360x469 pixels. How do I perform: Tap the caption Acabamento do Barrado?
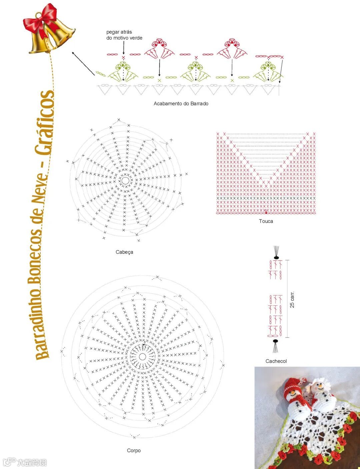pyautogui.click(x=181, y=104)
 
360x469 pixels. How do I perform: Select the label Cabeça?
pyautogui.click(x=124, y=252)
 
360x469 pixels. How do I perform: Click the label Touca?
pyautogui.click(x=266, y=221)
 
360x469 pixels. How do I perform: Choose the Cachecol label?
pyautogui.click(x=276, y=361)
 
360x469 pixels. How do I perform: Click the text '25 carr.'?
pyautogui.click(x=292, y=299)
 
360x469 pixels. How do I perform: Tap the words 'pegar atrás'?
pyautogui.click(x=119, y=32)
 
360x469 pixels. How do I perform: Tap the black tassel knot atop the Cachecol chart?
pyautogui.click(x=276, y=258)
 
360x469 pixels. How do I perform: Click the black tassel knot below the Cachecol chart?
pyautogui.click(x=275, y=341)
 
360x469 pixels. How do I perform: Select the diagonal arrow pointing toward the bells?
pyautogui.click(x=83, y=63)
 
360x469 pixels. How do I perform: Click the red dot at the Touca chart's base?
pyautogui.click(x=266, y=213)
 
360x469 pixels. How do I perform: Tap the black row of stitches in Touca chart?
pyautogui.click(x=266, y=198)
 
